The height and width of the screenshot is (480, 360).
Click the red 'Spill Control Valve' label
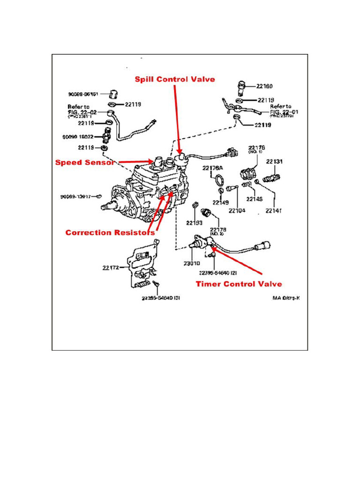tap(175, 79)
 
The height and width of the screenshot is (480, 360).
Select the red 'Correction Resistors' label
tap(110, 232)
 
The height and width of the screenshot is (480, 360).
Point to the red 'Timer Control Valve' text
tap(239, 284)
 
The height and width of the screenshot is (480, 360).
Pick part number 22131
tap(274, 162)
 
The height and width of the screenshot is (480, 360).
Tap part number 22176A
tap(213, 168)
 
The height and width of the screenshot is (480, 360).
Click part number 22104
tap(237, 211)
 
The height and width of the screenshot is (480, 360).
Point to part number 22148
tap(255, 198)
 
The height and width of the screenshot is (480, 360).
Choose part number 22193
tap(194, 222)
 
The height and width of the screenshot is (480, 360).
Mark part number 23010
tap(192, 263)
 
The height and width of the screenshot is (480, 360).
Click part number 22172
tap(111, 268)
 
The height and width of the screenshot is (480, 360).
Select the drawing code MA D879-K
tap(286, 297)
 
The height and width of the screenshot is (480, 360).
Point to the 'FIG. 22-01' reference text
tap(284, 112)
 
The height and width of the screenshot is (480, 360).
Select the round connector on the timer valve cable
tap(262, 246)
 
